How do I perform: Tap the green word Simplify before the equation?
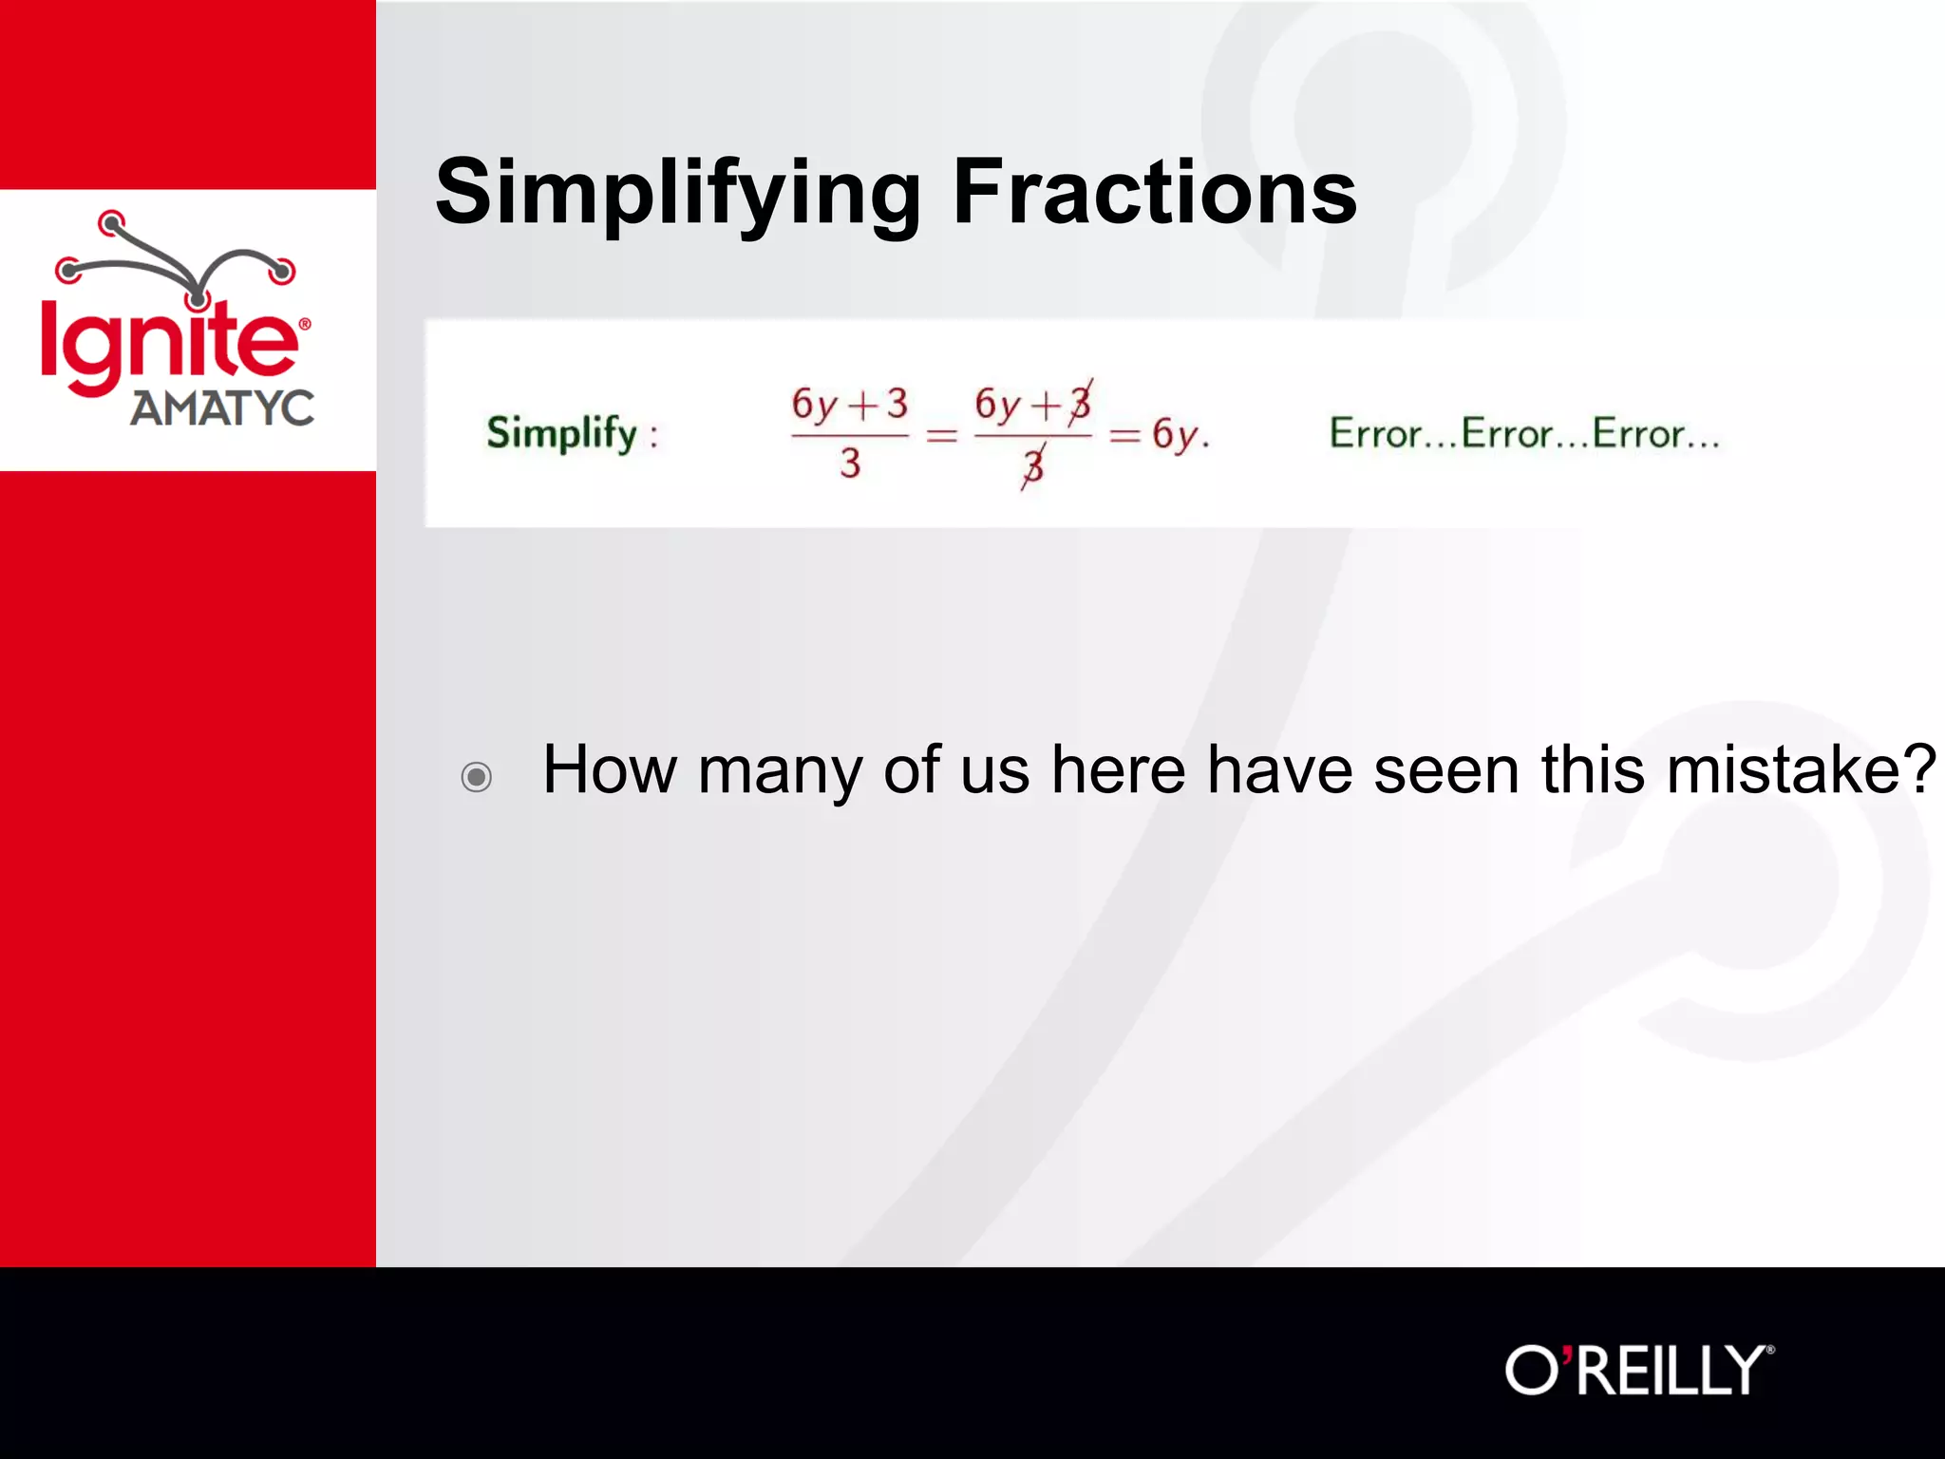tap(562, 433)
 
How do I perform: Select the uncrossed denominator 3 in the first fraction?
tap(850, 464)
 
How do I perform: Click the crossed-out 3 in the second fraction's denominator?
tap(1033, 465)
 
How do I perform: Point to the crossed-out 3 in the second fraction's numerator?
tap(1080, 405)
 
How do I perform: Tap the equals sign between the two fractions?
tap(941, 436)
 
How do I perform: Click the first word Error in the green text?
tap(1374, 434)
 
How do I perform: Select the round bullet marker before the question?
tap(476, 776)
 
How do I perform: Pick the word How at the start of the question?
tap(609, 769)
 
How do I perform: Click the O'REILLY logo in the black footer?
tap(1638, 1370)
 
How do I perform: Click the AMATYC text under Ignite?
tap(222, 408)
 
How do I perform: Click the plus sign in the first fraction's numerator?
tap(862, 407)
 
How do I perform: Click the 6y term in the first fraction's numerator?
tap(815, 405)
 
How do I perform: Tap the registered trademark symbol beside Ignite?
tap(305, 324)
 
